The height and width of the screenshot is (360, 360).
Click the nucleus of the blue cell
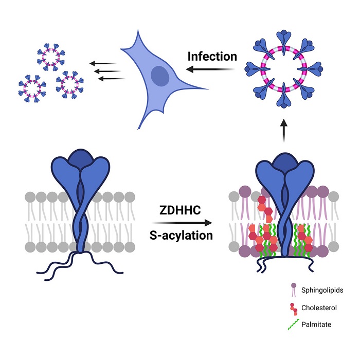[x=160, y=76]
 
